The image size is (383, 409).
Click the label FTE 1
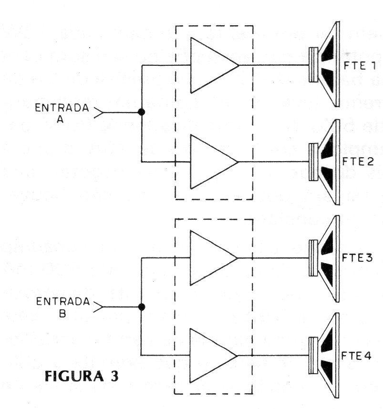click(x=360, y=65)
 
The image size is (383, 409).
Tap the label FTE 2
click(x=358, y=162)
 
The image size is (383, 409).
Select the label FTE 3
click(x=357, y=258)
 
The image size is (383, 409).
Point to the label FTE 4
click(x=356, y=356)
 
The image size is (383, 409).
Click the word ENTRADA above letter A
click(x=62, y=108)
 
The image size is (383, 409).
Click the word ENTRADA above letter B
click(x=63, y=302)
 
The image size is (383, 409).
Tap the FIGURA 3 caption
click(x=82, y=376)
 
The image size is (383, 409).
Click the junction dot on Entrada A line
click(x=142, y=112)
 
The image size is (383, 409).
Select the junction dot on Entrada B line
click(x=142, y=307)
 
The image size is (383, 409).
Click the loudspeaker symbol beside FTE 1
click(x=324, y=64)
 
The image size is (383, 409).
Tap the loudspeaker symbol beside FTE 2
click(x=324, y=162)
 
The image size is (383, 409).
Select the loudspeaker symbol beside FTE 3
click(x=324, y=258)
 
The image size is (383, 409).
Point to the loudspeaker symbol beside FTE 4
click(x=324, y=356)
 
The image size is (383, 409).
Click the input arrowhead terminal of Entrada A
click(x=99, y=112)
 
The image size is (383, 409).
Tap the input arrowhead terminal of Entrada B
click(x=98, y=307)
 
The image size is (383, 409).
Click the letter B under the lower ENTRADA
click(x=62, y=314)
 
